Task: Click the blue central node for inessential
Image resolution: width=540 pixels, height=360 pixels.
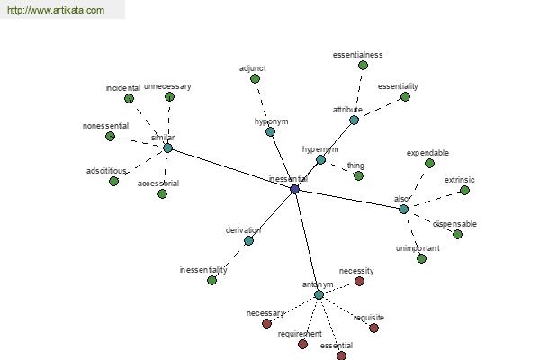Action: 294,189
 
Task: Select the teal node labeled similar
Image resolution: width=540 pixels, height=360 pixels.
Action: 167,148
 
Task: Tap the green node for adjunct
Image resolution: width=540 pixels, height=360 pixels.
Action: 255,79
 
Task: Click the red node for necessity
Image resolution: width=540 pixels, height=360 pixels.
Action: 359,282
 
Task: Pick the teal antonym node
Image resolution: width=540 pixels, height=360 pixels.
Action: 319,295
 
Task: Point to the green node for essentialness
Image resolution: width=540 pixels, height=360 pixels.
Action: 363,65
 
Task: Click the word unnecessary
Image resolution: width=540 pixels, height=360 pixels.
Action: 167,86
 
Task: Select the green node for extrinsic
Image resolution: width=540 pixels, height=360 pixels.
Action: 465,190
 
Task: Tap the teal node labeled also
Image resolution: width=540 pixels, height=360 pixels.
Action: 403,209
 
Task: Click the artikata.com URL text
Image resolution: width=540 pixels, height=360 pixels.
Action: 56,10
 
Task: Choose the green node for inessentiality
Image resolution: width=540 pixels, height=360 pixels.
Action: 211,281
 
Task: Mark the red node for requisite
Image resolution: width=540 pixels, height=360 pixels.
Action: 373,328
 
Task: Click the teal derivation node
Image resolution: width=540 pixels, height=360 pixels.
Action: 248,241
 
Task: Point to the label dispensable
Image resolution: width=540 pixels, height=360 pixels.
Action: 454,224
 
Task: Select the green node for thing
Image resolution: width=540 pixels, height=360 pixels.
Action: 358,176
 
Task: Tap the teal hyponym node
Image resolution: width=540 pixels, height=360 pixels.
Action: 270,131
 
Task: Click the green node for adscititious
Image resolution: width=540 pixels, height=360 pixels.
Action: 113,181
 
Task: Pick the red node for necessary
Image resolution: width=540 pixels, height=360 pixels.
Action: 266,323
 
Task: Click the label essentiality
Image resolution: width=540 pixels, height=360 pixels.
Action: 398,86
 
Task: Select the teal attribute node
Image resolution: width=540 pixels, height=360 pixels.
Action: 354,121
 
